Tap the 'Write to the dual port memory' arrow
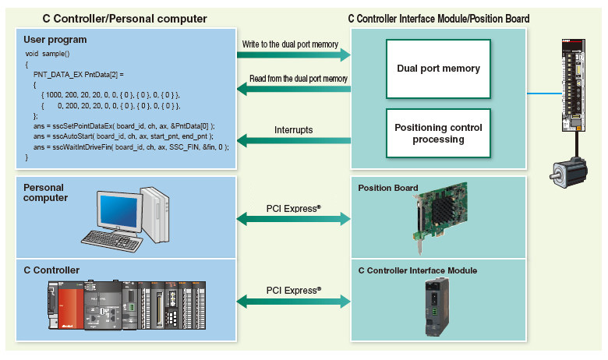point(295,55)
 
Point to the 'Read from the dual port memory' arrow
point(295,90)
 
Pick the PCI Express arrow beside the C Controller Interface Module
point(295,300)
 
